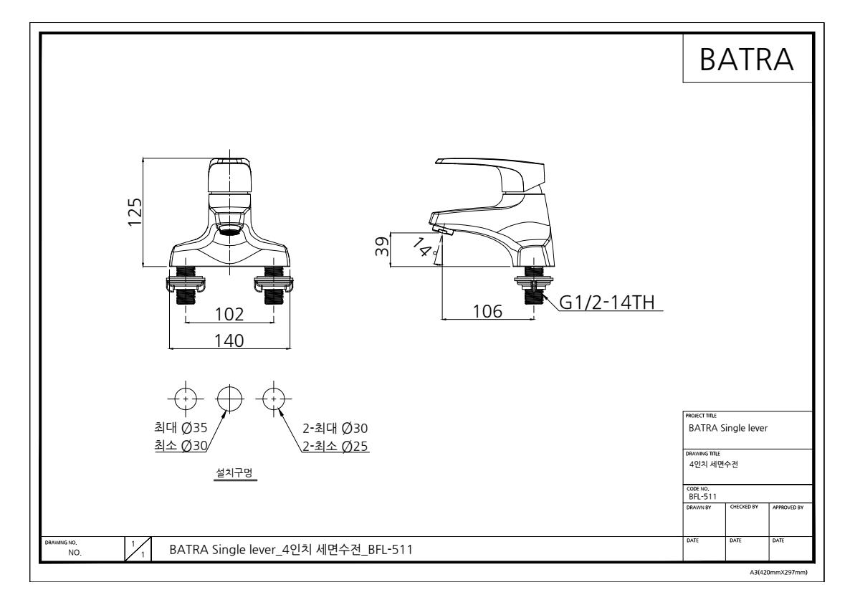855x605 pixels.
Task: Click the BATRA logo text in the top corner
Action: tap(746, 59)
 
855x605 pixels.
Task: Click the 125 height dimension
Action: tap(135, 211)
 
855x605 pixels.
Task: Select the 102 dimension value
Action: tap(229, 314)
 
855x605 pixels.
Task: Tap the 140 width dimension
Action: tap(229, 340)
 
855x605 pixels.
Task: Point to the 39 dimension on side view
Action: tap(383, 245)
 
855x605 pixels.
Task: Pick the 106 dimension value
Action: tap(487, 312)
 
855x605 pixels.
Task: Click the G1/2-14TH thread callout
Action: tap(606, 302)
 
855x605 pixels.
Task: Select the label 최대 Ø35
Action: tap(181, 428)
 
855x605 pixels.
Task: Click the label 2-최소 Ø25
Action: tap(335, 447)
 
